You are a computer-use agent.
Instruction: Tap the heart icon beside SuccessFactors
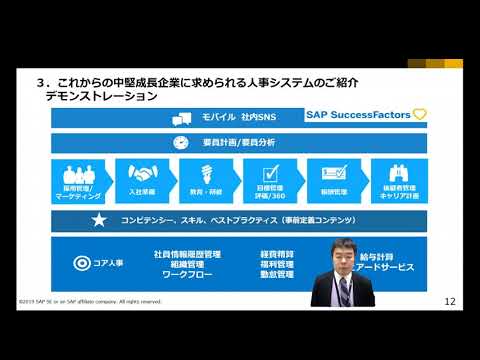pyautogui.click(x=419, y=114)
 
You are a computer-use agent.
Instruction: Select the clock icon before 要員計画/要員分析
pyautogui.click(x=181, y=143)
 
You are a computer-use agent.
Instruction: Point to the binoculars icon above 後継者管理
pyautogui.click(x=398, y=172)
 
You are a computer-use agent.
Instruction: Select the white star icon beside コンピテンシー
pyautogui.click(x=99, y=219)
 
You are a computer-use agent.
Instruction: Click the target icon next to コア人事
pyautogui.click(x=84, y=264)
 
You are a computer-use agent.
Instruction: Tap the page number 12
pyautogui.click(x=449, y=300)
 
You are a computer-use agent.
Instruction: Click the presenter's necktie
pyautogui.click(x=344, y=290)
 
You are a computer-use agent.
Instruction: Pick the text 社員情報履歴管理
pyautogui.click(x=187, y=255)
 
